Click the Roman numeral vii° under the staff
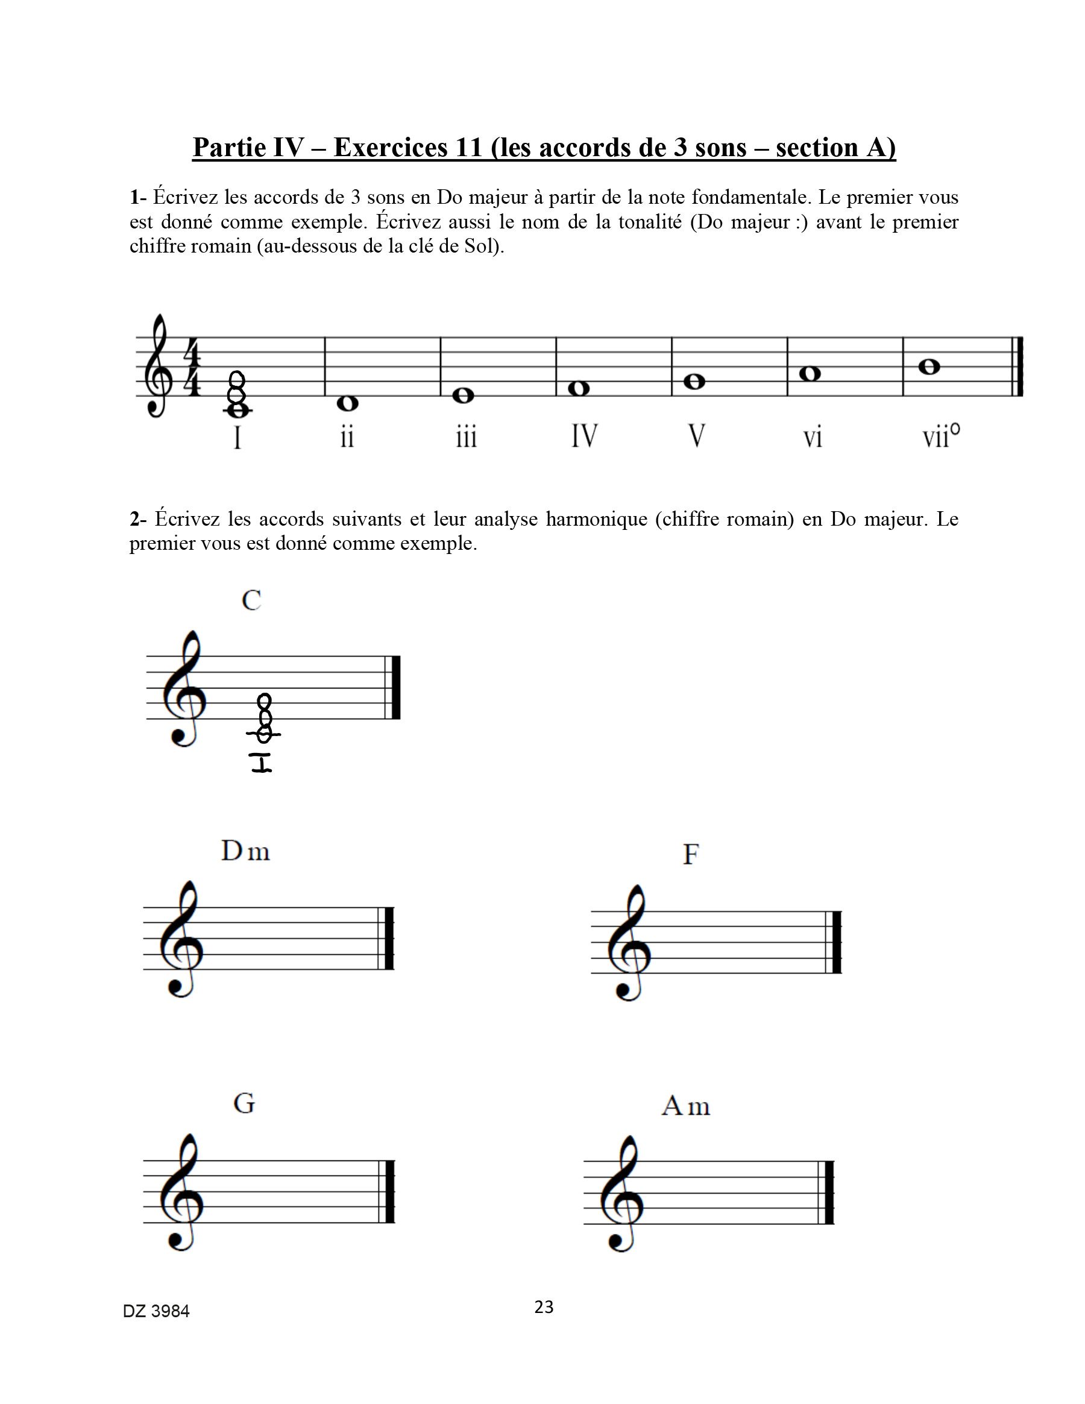click(941, 436)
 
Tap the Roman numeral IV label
click(584, 436)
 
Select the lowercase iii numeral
click(466, 438)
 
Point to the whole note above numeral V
click(694, 382)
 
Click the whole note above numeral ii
click(347, 403)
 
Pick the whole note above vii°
click(929, 367)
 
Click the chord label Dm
click(245, 851)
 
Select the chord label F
click(690, 854)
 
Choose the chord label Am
click(686, 1106)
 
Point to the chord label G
click(244, 1103)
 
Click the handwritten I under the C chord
click(262, 763)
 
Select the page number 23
click(544, 1306)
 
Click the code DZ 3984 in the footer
click(156, 1311)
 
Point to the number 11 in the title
click(469, 147)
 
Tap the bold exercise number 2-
click(137, 519)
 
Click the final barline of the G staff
click(388, 1191)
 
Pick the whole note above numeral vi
click(810, 374)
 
